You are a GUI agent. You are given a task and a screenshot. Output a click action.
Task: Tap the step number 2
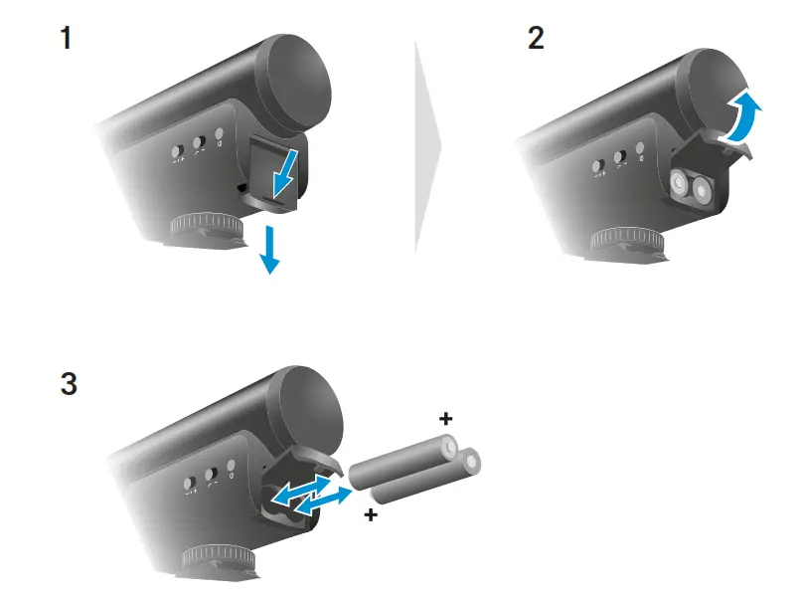pyautogui.click(x=538, y=41)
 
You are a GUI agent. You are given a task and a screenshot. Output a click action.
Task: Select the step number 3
pyautogui.click(x=68, y=383)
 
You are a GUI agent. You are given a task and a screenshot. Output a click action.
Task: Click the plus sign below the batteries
pyautogui.click(x=371, y=515)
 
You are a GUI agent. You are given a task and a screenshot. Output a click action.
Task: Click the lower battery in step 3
pyautogui.click(x=421, y=481)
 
